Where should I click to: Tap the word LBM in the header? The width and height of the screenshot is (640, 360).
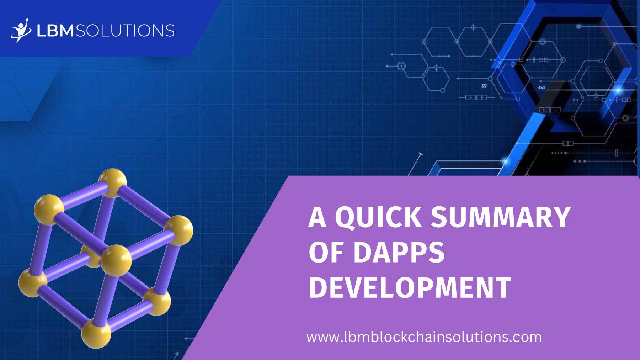(55, 31)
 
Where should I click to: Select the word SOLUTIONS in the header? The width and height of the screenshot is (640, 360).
(125, 31)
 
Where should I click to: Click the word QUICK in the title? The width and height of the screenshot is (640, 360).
(378, 218)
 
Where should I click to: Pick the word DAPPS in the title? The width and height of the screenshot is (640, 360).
(399, 253)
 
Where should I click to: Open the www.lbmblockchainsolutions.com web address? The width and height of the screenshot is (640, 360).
(424, 337)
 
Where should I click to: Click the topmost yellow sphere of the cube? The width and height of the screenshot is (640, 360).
(112, 182)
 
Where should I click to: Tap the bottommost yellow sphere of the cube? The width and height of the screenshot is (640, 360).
(96, 334)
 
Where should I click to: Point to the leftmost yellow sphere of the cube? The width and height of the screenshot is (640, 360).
(32, 283)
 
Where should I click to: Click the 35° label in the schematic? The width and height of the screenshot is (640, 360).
(484, 86)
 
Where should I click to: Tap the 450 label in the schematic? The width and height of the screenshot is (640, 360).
(541, 87)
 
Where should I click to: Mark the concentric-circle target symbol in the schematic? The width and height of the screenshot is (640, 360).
(401, 66)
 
